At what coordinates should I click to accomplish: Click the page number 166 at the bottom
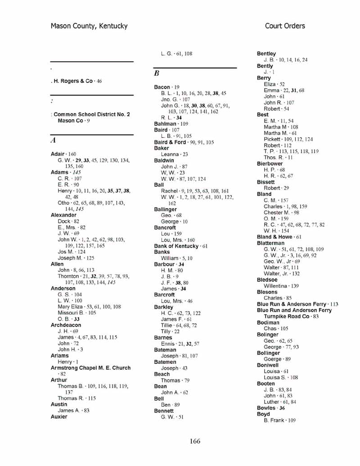click(195, 441)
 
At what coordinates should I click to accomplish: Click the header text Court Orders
click(285, 26)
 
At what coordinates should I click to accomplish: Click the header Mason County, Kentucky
click(89, 26)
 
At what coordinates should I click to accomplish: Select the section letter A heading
click(53, 141)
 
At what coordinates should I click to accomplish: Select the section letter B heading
click(157, 73)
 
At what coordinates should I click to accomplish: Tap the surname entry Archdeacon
click(66, 325)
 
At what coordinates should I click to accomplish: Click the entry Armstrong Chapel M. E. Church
click(90, 368)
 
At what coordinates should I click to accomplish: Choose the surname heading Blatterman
click(270, 243)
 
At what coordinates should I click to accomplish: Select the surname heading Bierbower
click(270, 164)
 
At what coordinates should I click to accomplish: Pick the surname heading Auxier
click(59, 417)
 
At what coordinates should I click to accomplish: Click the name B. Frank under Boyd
click(274, 421)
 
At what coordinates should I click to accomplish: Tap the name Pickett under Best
click(272, 140)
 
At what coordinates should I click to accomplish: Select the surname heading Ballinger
click(165, 209)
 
